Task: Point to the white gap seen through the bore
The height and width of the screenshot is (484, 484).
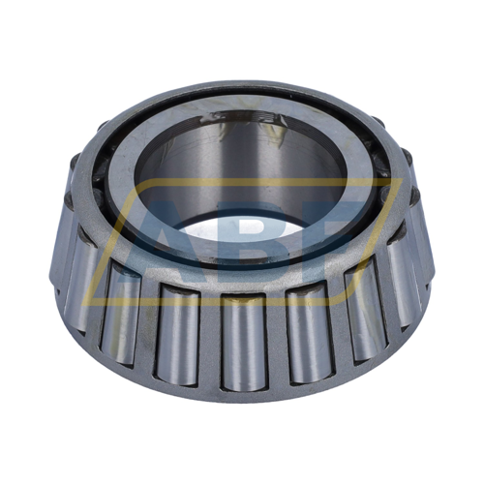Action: (242, 232)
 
